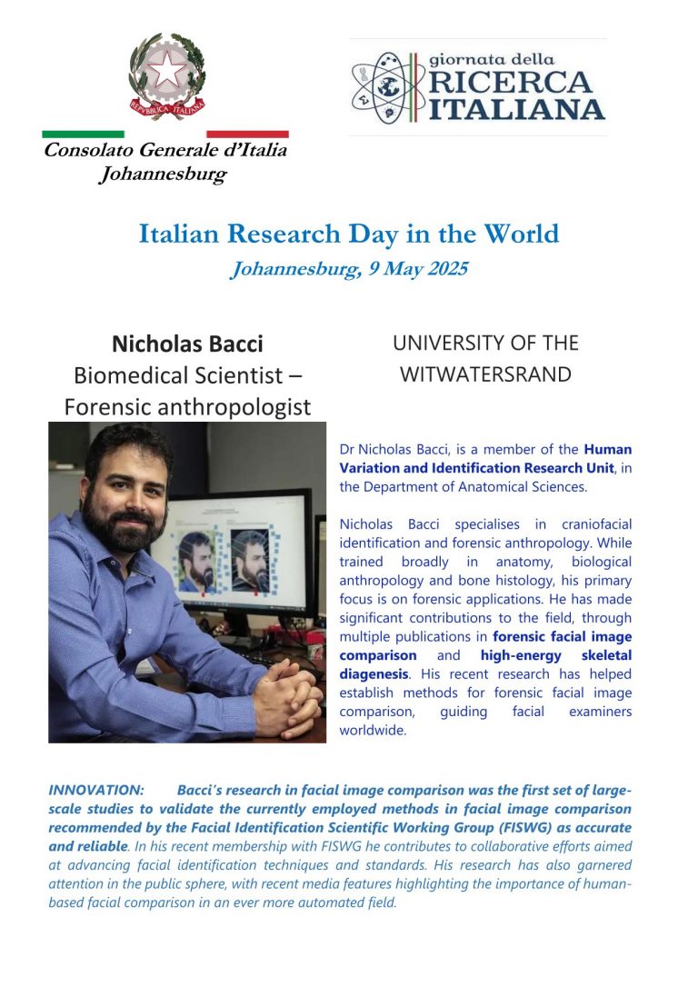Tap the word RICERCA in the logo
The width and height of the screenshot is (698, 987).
click(509, 83)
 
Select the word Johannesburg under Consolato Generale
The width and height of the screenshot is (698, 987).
click(162, 174)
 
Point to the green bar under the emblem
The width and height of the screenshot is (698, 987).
click(83, 134)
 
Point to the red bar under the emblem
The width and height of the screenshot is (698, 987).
click(247, 134)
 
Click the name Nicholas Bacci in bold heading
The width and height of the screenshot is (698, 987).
click(187, 344)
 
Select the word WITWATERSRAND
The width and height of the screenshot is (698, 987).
click(485, 374)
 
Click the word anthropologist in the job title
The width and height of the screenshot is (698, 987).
click(235, 406)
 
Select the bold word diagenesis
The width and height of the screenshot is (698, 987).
click(373, 674)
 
